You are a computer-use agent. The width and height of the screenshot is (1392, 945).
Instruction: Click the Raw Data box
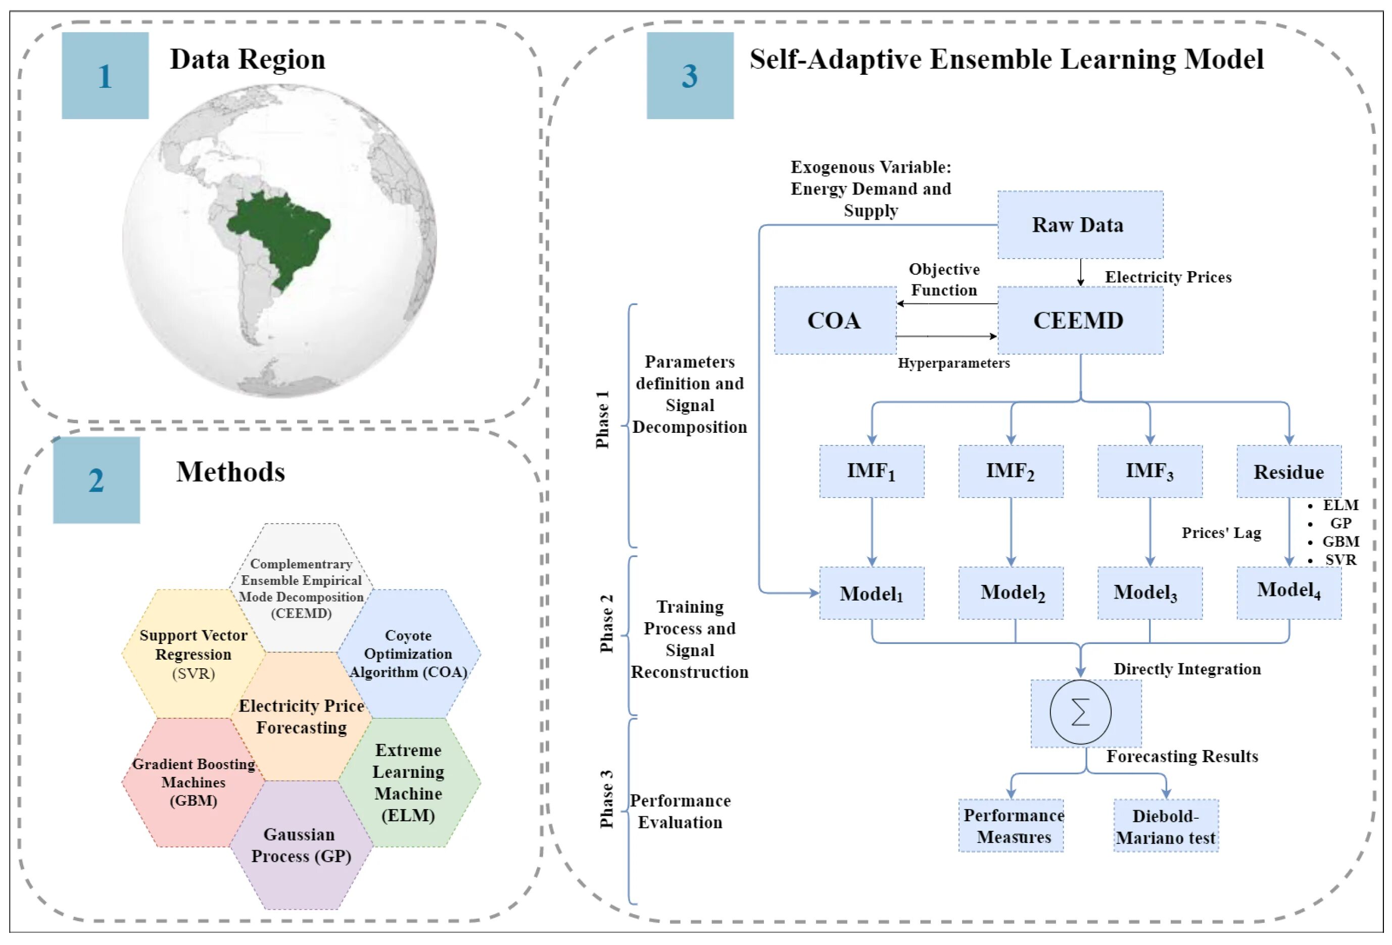[x=1079, y=225]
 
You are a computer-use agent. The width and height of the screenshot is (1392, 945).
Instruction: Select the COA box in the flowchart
[x=835, y=320]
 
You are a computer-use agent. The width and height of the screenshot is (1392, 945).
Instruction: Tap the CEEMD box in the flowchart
[x=1079, y=320]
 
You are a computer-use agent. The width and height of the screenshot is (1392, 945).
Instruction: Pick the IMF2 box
[x=1011, y=471]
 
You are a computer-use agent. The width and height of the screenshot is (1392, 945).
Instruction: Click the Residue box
[x=1288, y=471]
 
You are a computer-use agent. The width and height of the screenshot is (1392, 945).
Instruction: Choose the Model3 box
[x=1149, y=593]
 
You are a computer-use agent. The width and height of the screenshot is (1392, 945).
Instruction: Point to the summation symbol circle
[x=1080, y=712]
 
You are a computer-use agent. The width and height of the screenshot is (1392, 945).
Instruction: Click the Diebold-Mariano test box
[x=1166, y=826]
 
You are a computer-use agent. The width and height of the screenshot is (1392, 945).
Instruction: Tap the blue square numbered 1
[x=105, y=75]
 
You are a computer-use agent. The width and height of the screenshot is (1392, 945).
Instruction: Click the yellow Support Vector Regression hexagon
[x=193, y=654]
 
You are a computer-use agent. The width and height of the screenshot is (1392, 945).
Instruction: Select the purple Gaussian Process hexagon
[x=301, y=845]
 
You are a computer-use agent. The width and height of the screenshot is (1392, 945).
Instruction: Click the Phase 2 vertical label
[x=606, y=623]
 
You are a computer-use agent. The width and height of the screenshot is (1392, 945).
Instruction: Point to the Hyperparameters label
[x=953, y=363]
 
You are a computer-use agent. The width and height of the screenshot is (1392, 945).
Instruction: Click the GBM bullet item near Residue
[x=1339, y=541]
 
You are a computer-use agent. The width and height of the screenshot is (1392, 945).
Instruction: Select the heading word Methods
[x=230, y=472]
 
